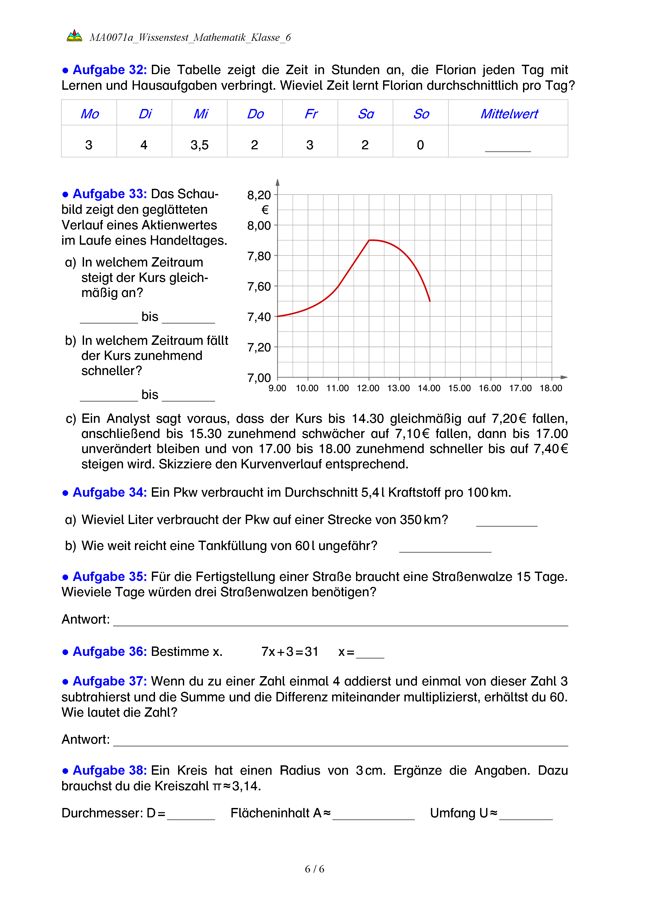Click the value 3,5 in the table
point(199,145)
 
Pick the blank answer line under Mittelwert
point(508,150)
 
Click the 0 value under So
point(420,145)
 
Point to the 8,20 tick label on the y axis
point(259,195)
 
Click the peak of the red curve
point(370,240)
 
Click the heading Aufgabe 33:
point(109,194)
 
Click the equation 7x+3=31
point(289,652)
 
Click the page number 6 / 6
point(314,869)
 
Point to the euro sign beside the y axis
point(265,210)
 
